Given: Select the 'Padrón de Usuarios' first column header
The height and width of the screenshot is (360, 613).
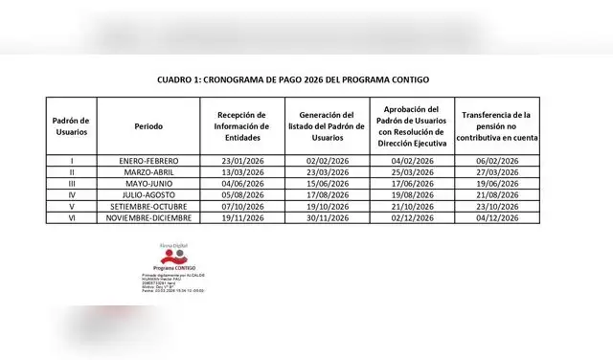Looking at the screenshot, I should [71, 126].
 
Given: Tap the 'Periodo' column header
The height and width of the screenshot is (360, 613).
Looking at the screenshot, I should [148, 126].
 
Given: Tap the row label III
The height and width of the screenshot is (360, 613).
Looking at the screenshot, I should [71, 183].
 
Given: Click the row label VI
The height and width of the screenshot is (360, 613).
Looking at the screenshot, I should [71, 217].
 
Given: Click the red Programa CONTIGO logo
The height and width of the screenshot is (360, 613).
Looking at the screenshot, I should [166, 259].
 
